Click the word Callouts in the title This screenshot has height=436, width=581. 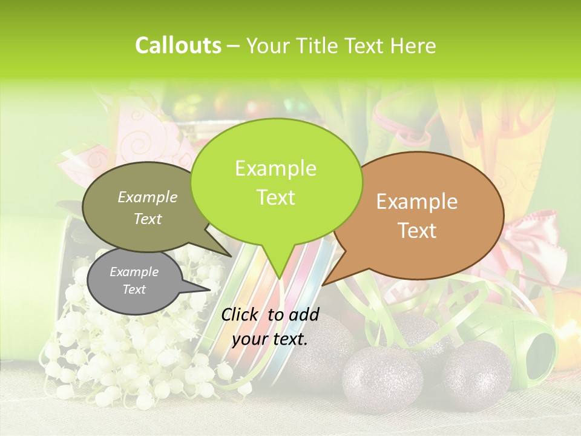(178, 45)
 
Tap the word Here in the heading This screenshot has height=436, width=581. (413, 46)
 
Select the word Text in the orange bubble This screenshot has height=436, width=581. (418, 231)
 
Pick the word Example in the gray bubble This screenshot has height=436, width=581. (134, 272)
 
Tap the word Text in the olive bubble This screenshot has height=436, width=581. (148, 219)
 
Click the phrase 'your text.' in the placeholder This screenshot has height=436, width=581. (270, 339)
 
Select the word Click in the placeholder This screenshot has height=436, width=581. (241, 314)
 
